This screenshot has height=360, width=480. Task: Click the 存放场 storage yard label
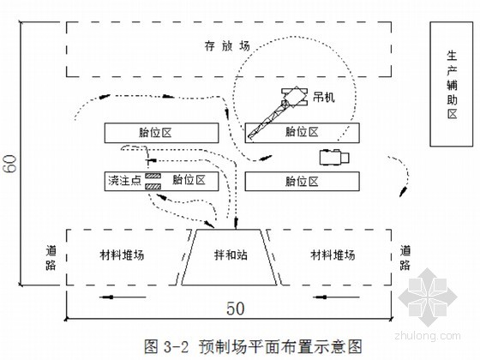227,46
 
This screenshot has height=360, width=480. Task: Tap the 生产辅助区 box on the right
451,84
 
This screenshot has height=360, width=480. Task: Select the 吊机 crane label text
324,98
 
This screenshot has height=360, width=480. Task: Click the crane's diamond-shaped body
295,97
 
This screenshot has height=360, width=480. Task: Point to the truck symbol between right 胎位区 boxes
334,158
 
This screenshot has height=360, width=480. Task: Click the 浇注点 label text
124,180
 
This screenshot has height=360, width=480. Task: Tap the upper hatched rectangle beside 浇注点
153,176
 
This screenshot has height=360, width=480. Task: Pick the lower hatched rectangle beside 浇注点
153,186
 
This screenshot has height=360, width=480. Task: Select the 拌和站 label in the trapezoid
231,255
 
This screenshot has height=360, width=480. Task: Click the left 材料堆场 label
122,255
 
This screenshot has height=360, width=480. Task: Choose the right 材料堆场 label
333,255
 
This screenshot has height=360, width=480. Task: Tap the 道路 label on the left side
51,258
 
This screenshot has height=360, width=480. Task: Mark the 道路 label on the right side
405,258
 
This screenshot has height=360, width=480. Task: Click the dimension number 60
10,163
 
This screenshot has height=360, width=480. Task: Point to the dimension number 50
236,309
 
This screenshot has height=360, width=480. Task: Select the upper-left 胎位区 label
155,133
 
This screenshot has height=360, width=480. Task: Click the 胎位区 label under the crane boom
302,132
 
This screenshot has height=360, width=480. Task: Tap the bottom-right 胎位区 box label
302,181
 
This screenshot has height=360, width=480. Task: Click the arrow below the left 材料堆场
123,297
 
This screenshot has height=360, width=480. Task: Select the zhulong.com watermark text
428,335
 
